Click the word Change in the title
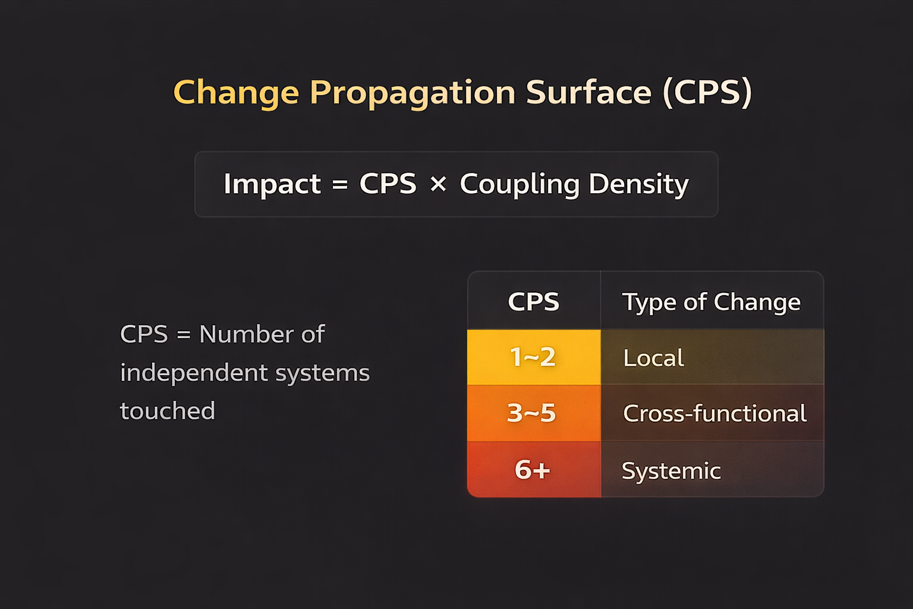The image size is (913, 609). click(x=236, y=93)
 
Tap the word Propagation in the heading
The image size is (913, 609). click(x=413, y=93)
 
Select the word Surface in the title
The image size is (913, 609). click(x=588, y=93)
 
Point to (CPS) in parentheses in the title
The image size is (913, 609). click(x=707, y=93)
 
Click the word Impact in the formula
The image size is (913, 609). click(x=272, y=184)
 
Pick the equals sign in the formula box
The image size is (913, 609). click(x=340, y=184)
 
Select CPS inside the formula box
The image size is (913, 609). click(x=388, y=184)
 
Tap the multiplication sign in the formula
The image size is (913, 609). click(x=438, y=184)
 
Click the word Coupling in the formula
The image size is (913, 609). click(x=520, y=184)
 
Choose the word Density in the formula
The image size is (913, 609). click(x=638, y=184)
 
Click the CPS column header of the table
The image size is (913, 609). click(x=534, y=302)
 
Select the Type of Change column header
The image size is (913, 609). click(x=711, y=302)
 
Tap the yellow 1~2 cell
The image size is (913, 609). click(x=533, y=357)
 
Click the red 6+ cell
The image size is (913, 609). click(x=533, y=470)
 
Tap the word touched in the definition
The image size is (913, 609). click(x=168, y=411)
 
